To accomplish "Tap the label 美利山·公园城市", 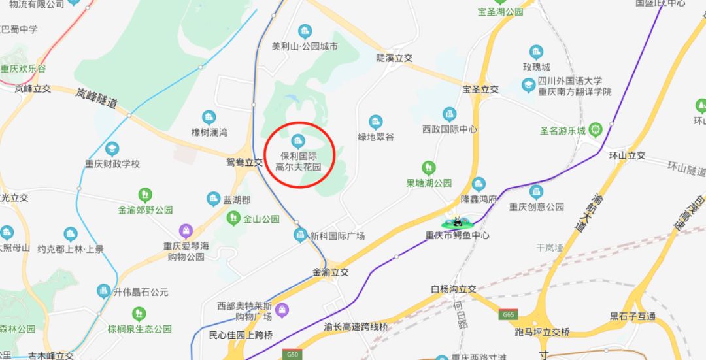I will coord(305,47).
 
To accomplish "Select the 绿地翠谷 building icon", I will coord(375,122).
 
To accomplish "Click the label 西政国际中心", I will coord(450,129).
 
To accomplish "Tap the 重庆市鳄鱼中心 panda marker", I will coord(458,222).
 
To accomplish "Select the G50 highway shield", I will coord(292,354).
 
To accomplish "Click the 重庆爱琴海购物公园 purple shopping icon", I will coord(186,231).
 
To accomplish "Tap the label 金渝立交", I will coord(331,272).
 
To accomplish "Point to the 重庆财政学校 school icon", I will coord(112,150).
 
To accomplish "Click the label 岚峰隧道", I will coord(95,98).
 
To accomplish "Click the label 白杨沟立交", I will coord(454,288).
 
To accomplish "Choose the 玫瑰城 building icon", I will coord(537,52).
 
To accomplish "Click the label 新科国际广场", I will coord(337,236).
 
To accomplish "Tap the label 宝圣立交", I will coord(480,89).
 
